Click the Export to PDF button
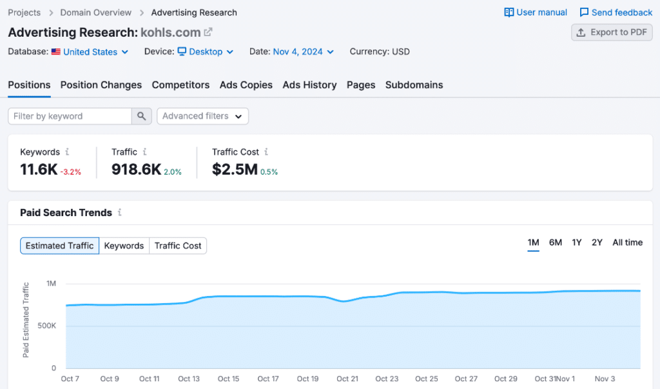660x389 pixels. click(612, 32)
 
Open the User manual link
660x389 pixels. click(536, 12)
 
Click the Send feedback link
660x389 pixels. click(616, 12)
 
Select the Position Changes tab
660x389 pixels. click(101, 85)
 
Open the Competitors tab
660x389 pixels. click(180, 85)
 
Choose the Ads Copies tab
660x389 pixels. click(246, 85)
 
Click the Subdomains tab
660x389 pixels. click(414, 85)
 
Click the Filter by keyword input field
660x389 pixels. click(70, 116)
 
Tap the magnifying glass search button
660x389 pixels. click(142, 116)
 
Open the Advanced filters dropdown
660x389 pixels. click(202, 116)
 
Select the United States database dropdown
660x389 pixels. click(90, 52)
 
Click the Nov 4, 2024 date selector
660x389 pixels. click(303, 52)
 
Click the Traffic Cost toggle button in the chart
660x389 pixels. click(178, 246)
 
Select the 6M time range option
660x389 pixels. click(555, 243)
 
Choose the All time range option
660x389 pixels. click(627, 243)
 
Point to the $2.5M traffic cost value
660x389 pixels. click(235, 170)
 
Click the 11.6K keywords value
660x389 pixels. click(39, 170)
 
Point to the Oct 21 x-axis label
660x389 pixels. click(347, 379)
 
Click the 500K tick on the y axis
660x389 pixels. click(46, 326)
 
